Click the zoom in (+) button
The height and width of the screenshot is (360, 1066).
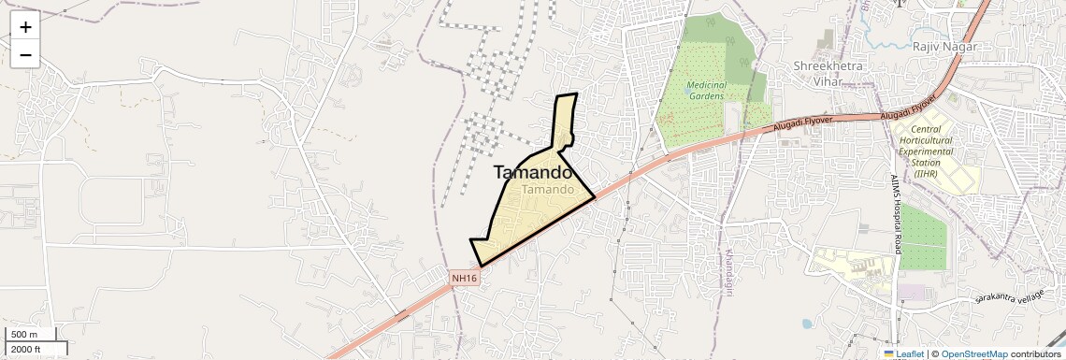[x=25, y=27]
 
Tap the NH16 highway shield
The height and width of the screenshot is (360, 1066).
[x=465, y=278]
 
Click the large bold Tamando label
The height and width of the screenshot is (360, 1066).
[x=532, y=172]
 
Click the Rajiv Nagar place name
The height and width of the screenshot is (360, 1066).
[x=945, y=47]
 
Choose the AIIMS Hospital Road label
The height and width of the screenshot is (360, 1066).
[x=895, y=211]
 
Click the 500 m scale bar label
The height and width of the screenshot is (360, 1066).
[x=24, y=335]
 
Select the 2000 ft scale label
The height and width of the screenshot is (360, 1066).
[x=26, y=350]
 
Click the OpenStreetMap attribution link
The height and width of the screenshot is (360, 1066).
[x=973, y=353]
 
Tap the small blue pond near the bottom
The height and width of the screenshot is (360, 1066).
[x=807, y=324]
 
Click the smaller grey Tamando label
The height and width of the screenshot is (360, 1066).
[x=548, y=190]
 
